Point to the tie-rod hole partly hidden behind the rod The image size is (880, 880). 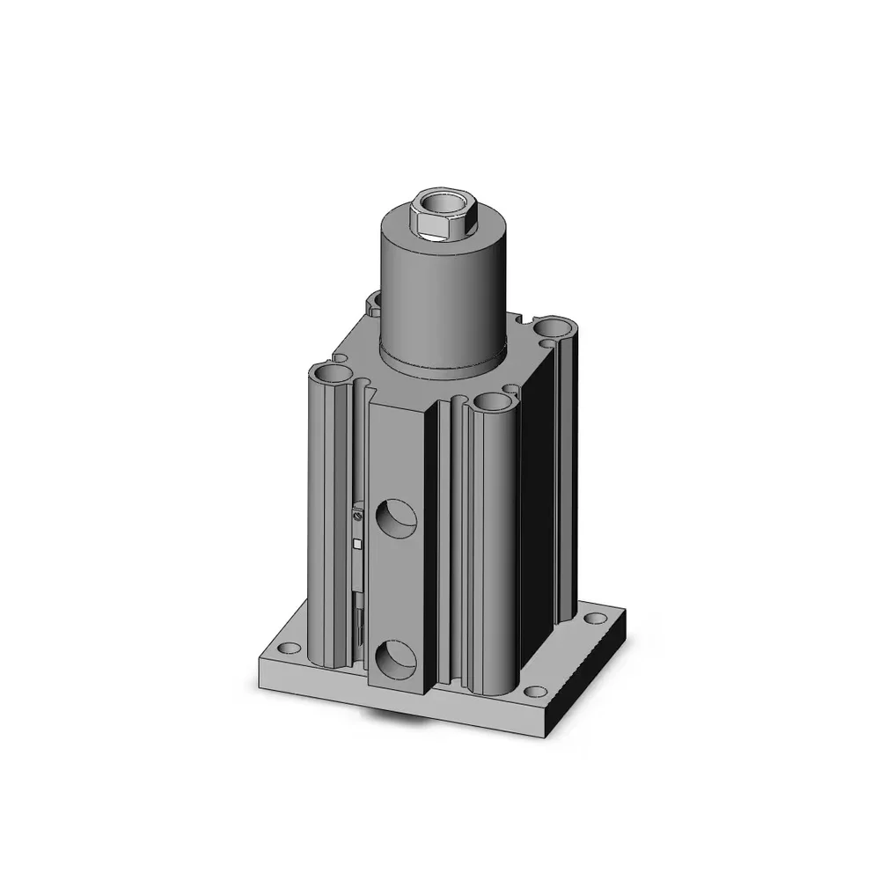(373, 303)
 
